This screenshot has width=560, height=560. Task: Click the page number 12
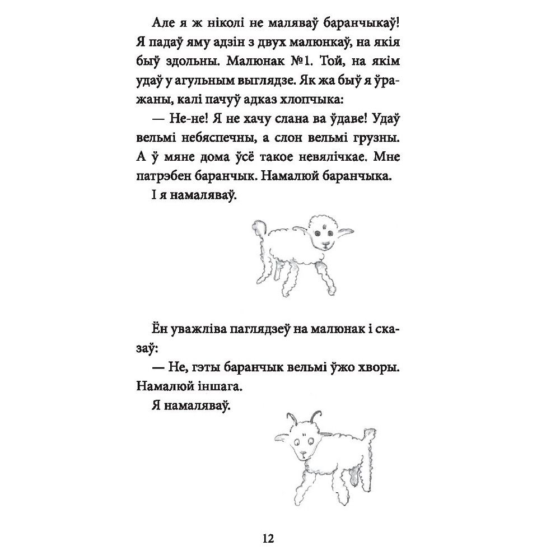coord(267,539)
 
